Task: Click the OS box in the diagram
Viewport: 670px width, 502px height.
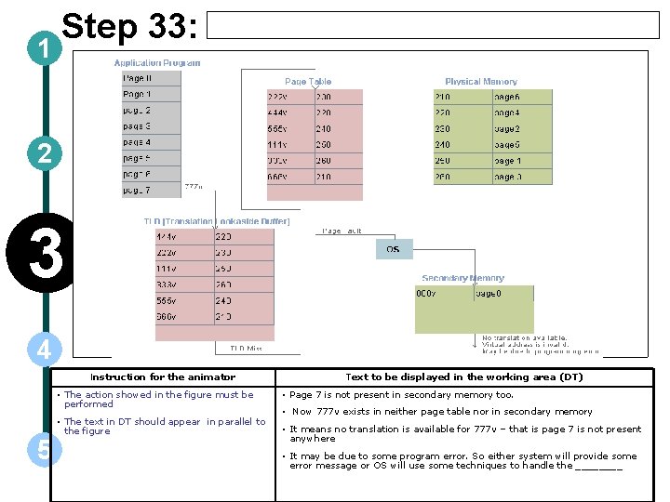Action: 393,249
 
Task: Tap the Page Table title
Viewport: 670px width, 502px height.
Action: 307,82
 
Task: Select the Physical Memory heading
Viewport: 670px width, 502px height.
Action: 480,82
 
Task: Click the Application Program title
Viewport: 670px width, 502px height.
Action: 157,63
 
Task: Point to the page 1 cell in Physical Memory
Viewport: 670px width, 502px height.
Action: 522,161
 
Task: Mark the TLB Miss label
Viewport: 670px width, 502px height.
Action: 246,349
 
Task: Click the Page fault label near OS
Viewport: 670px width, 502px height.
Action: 342,231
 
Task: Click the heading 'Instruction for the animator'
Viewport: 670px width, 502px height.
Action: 163,376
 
